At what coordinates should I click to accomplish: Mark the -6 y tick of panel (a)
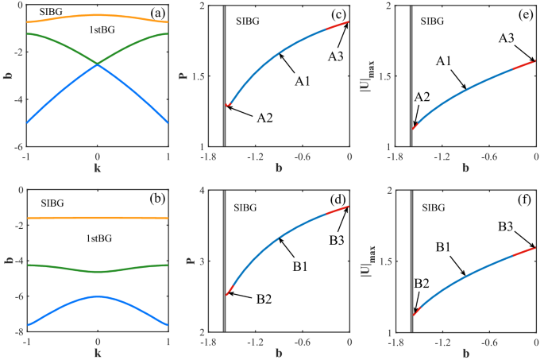[17, 147]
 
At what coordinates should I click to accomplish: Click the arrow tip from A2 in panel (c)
[227, 106]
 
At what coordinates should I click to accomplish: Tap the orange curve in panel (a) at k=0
[98, 15]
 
